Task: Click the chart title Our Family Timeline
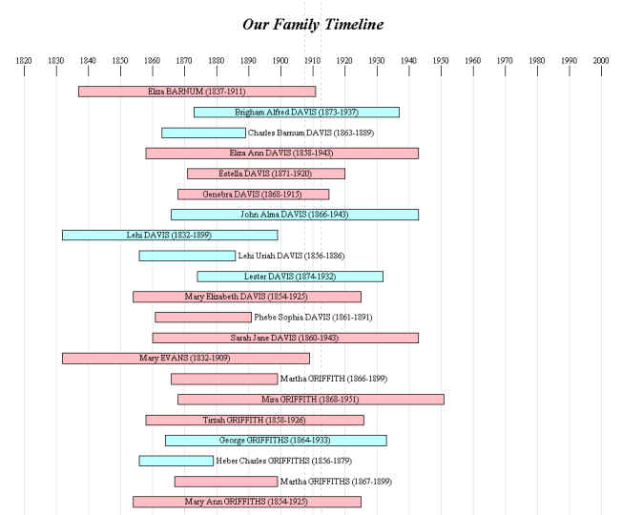[x=312, y=23]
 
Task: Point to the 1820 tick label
[x=24, y=60]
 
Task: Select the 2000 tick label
[x=601, y=60]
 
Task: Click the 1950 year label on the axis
[x=441, y=60]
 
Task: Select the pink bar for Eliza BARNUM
[x=197, y=92]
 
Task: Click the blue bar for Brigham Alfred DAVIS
[x=297, y=113]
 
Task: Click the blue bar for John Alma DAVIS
[x=294, y=215]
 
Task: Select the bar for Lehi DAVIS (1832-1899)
[x=170, y=235]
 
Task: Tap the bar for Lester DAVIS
[x=290, y=277]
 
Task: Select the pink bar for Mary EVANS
[x=186, y=359]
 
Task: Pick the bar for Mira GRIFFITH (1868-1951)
[x=310, y=399]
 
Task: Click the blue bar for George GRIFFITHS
[x=276, y=441]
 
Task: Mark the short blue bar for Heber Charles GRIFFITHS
[x=176, y=461]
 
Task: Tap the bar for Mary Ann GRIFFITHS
[x=246, y=502]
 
